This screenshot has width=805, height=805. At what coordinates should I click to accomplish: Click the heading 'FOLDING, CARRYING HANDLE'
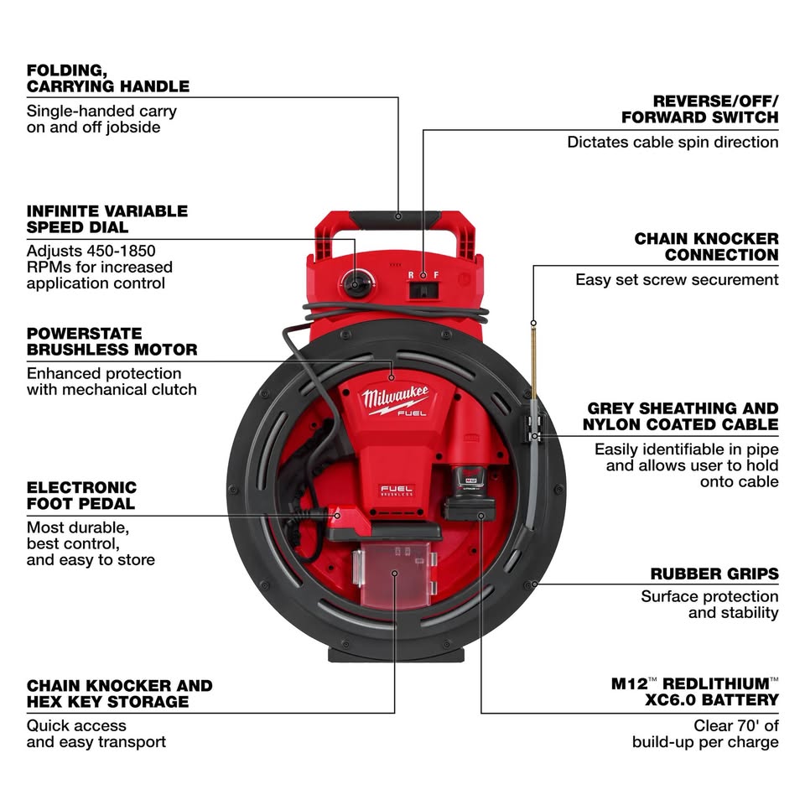107,77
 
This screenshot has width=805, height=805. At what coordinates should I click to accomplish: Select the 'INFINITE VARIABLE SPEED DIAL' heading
106,219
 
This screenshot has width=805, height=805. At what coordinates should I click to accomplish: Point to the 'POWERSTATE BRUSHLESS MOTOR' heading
112,341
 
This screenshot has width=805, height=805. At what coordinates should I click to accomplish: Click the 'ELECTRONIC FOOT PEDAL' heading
81,496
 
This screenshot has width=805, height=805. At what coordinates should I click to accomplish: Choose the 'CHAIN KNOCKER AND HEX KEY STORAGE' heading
119,693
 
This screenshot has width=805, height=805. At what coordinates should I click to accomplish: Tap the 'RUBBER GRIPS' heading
714,574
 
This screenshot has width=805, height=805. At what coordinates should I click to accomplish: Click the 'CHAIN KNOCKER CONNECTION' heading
706,247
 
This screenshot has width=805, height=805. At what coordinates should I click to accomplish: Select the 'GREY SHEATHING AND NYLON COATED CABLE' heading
681,417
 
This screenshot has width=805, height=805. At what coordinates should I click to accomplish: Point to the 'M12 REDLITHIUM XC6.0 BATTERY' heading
695,691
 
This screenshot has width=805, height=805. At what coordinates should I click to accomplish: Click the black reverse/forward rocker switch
423,290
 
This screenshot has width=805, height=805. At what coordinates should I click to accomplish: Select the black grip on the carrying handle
399,218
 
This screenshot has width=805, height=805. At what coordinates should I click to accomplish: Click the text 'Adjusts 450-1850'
91,251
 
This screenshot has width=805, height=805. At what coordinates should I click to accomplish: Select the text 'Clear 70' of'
735,725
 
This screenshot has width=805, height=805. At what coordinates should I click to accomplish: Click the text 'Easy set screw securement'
677,279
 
